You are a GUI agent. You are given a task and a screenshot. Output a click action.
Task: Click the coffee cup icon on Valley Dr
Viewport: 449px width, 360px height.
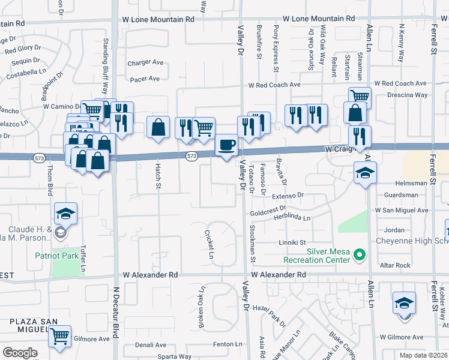coord(226,146)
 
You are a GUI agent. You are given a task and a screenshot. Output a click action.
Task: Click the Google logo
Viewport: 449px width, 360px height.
coord(20,352)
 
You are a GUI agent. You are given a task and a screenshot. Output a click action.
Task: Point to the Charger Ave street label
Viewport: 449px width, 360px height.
coord(146,62)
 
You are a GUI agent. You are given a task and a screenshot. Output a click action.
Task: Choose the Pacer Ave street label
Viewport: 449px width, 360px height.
coord(145,79)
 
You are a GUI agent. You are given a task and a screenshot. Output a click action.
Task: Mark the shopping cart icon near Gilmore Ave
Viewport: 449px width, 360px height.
coord(59,337)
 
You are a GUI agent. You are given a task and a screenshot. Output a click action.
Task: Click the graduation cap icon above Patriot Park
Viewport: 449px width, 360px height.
coord(65,213)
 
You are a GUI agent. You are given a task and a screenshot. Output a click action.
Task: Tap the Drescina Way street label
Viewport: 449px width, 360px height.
coord(407,95)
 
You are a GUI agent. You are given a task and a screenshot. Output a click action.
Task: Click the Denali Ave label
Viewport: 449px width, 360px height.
coord(152,345)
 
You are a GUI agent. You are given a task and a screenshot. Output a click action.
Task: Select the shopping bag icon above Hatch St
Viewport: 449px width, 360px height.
coord(158,128)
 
